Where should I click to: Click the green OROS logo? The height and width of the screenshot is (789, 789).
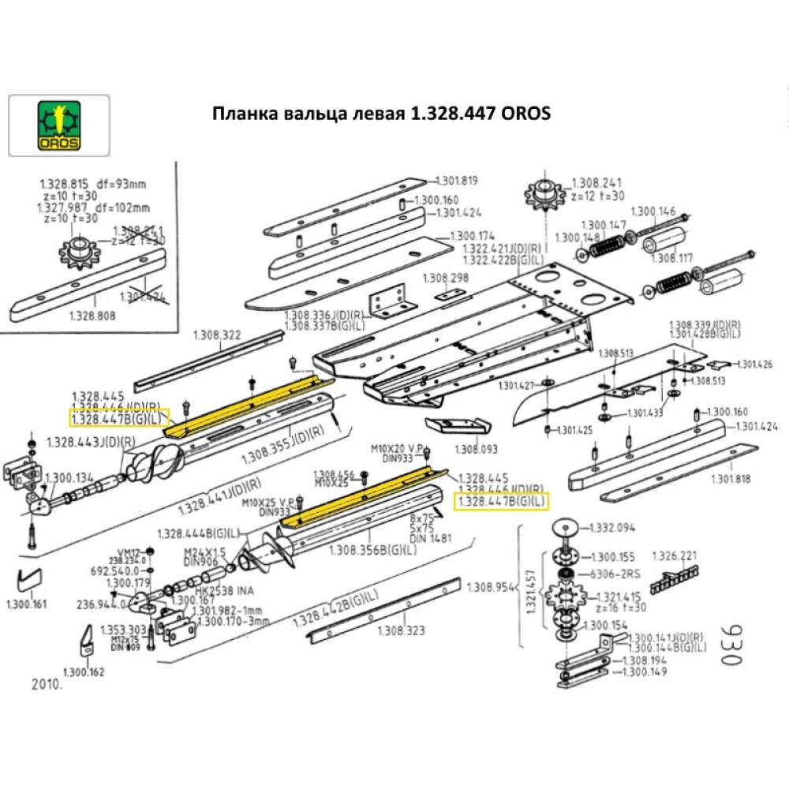tap(59, 124)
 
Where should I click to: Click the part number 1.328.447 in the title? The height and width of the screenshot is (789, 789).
tap(447, 114)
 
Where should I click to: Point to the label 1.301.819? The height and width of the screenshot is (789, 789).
tap(458, 181)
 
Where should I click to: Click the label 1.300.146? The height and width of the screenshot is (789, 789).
tap(653, 211)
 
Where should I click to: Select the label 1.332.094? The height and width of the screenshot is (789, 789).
tap(612, 527)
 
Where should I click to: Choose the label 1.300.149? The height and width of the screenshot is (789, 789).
tap(645, 672)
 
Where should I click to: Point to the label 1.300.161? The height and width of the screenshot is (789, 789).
tap(27, 605)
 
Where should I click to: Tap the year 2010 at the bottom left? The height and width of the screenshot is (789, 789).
tap(47, 684)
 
